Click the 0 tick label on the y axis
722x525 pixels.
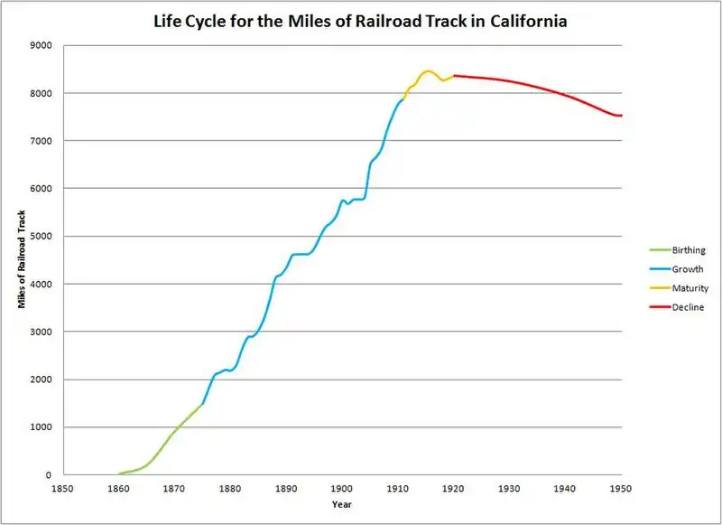click(x=48, y=475)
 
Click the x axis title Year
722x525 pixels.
click(x=341, y=504)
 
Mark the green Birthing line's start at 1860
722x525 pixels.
click(x=118, y=473)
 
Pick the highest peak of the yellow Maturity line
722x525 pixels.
click(x=427, y=70)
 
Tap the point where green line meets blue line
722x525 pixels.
click(x=202, y=404)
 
